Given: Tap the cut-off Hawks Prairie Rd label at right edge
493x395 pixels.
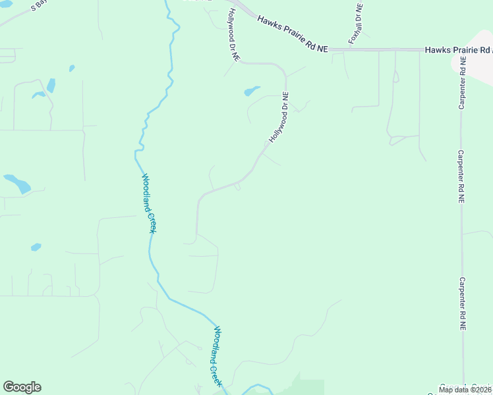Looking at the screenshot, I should [x=457, y=50].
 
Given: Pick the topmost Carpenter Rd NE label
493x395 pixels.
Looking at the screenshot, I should [x=463, y=82].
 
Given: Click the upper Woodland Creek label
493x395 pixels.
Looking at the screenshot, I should [x=149, y=203].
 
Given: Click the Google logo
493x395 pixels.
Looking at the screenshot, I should [x=22, y=387].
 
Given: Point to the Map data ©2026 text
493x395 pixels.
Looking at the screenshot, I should [x=465, y=390].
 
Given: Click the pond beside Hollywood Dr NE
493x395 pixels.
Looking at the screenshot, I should [x=252, y=91].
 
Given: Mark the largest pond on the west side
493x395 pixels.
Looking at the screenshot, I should [x=18, y=182].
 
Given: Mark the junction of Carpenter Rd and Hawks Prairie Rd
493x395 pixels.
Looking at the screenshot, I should [x=461, y=50].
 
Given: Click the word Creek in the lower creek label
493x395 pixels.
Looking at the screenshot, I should [x=217, y=373].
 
